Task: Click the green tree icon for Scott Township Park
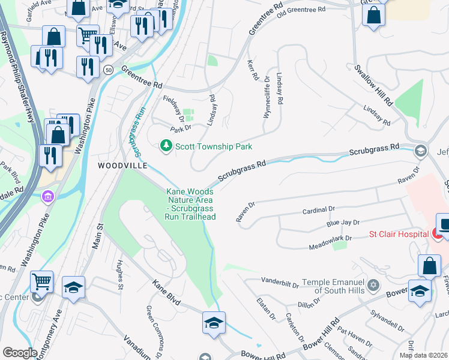(166, 146)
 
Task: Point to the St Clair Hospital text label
(397, 233)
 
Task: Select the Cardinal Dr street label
(318, 210)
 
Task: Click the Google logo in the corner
(19, 353)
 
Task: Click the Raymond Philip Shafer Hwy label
(19, 84)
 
